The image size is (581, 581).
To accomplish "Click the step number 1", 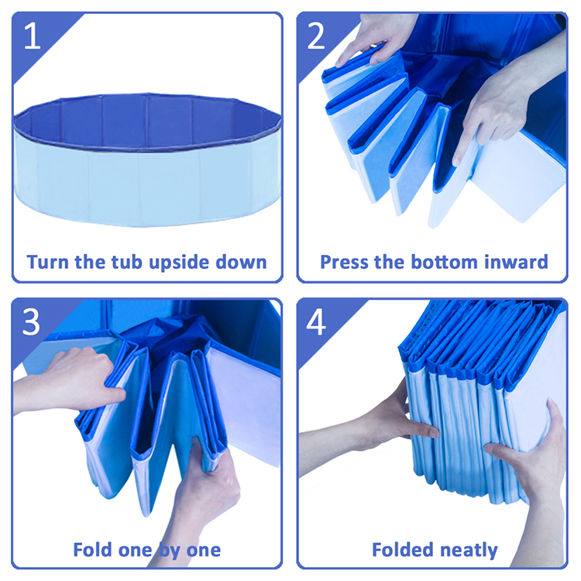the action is pos(32,36).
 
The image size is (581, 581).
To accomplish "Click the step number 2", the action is pos(316,36).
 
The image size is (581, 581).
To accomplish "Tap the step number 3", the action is pos(31,322).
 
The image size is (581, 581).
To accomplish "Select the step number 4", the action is pos(316,322).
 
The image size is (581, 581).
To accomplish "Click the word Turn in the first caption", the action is pos(48,262).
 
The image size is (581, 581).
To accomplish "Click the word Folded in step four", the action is pos(402,549).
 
